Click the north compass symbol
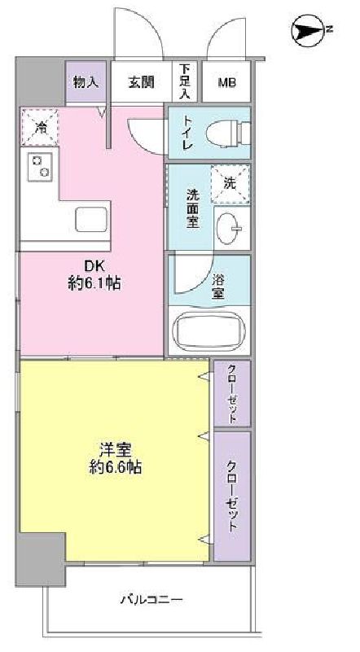coord(307,30)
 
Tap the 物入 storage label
coord(85,81)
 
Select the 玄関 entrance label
coord(140,81)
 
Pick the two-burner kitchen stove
coord(40,166)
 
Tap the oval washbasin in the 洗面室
coord(230,227)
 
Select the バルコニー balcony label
coord(151,601)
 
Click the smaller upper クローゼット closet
coord(231,393)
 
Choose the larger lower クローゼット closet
coord(231,497)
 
